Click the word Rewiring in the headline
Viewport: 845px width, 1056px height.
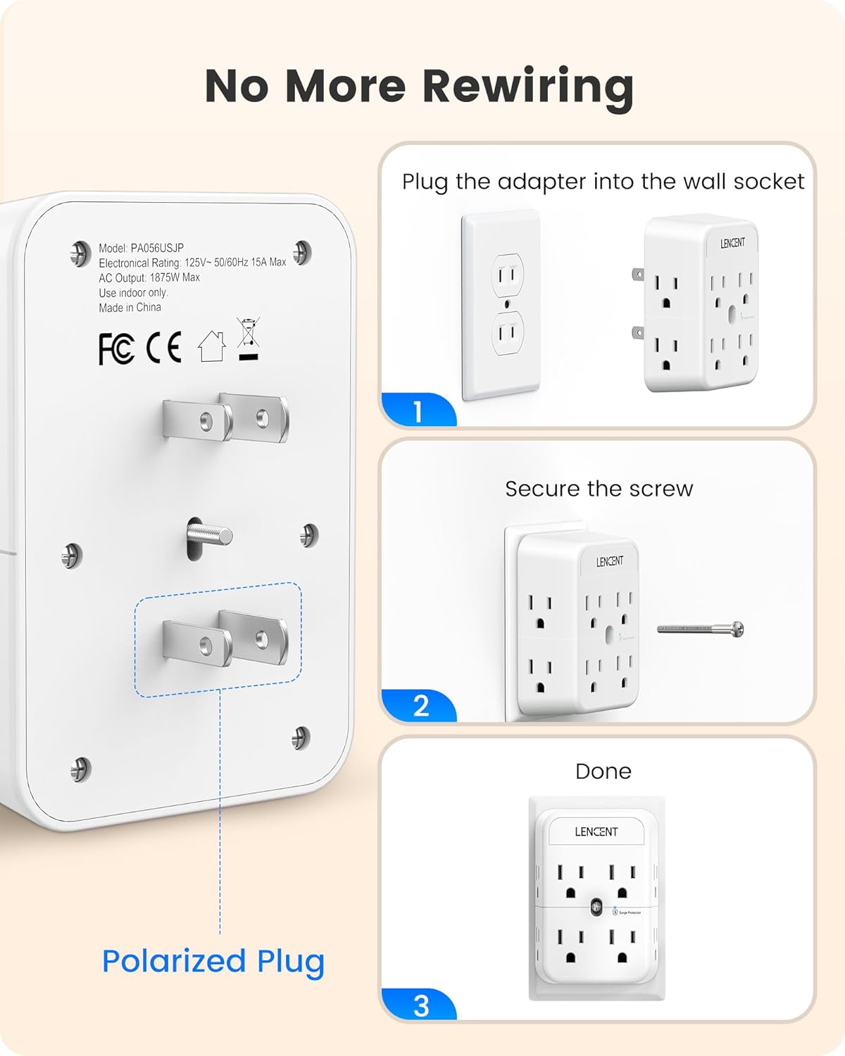click(x=527, y=87)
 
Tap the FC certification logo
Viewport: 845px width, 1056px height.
click(x=116, y=348)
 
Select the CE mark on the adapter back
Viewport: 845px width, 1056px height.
click(x=164, y=347)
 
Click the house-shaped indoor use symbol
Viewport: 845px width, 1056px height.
click(x=211, y=346)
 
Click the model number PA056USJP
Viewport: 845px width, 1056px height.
click(x=157, y=248)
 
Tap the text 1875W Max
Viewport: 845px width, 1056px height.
click(x=175, y=277)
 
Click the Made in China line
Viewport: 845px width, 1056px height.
click(x=130, y=308)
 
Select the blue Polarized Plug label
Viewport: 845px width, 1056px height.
click(x=213, y=961)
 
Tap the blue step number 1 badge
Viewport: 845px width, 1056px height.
click(x=418, y=411)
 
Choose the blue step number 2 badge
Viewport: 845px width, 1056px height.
click(x=420, y=706)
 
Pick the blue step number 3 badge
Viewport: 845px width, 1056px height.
click(x=420, y=1006)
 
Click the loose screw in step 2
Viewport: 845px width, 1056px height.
click(x=701, y=629)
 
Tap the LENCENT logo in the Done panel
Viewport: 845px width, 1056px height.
click(x=596, y=831)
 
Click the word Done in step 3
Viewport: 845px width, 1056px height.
click(x=603, y=772)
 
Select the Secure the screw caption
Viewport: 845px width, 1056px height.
click(x=599, y=489)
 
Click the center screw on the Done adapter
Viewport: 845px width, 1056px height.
click(x=596, y=908)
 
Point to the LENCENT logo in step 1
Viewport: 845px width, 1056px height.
click(x=732, y=243)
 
